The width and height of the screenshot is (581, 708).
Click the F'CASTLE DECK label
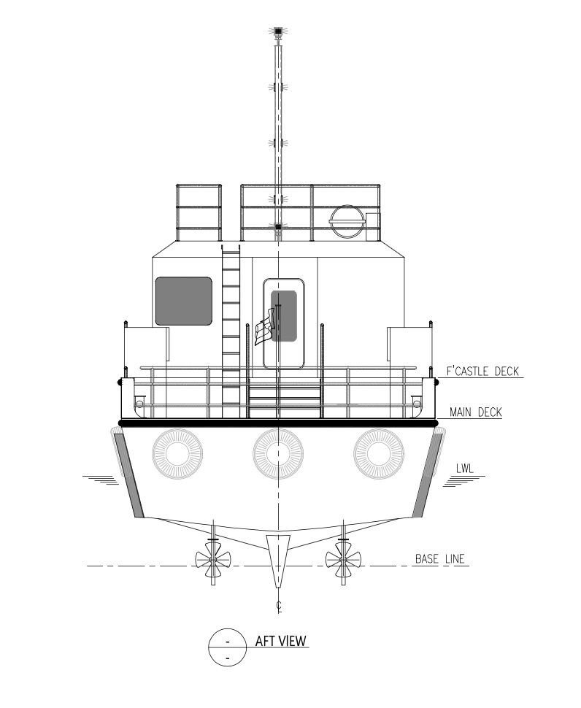[x=482, y=372]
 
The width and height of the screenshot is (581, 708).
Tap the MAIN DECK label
[x=476, y=412]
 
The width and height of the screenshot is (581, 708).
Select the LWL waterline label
[x=465, y=469]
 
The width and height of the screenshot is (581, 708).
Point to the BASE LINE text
[x=439, y=559]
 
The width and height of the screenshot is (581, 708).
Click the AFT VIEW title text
[x=281, y=641]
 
